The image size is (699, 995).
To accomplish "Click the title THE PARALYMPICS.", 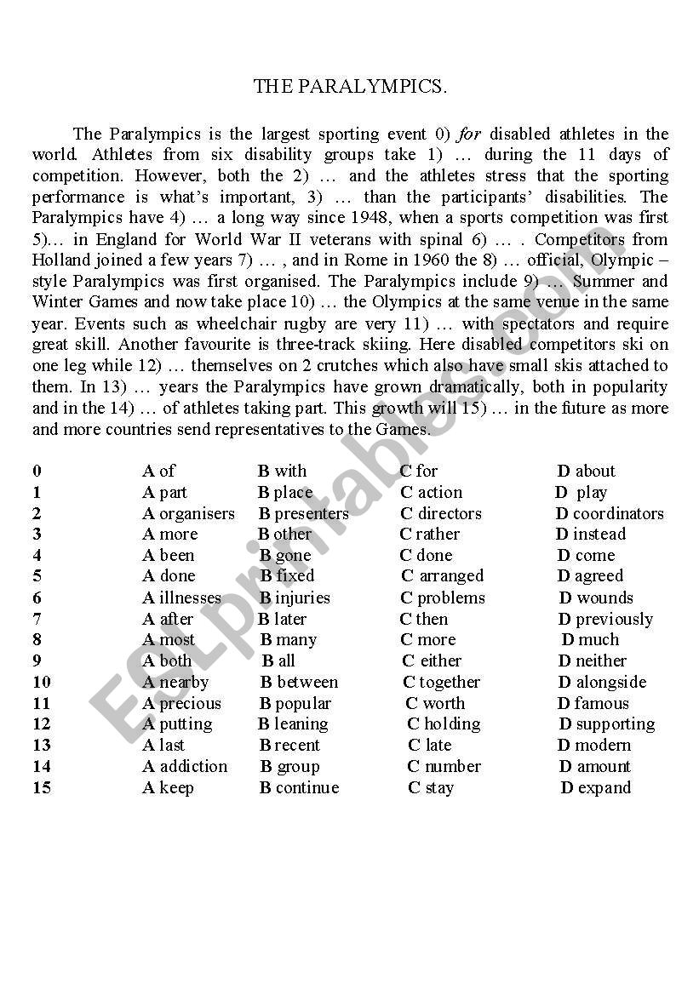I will [350, 87].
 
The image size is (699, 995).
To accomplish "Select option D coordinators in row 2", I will [610, 513].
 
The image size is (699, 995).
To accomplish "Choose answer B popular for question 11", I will [295, 703].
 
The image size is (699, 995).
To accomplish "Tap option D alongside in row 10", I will [602, 682].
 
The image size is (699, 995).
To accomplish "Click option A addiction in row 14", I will [185, 766].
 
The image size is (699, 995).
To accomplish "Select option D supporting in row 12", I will [606, 724].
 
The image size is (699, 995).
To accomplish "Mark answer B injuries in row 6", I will [295, 598].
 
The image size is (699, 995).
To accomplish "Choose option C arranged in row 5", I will [442, 576].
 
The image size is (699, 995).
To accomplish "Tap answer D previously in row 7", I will [605, 619].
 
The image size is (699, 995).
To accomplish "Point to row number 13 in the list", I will [42, 745].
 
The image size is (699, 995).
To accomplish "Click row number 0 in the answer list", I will [37, 471].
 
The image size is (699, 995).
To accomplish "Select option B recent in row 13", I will [289, 745].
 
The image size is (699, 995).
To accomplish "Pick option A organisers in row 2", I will [188, 513].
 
